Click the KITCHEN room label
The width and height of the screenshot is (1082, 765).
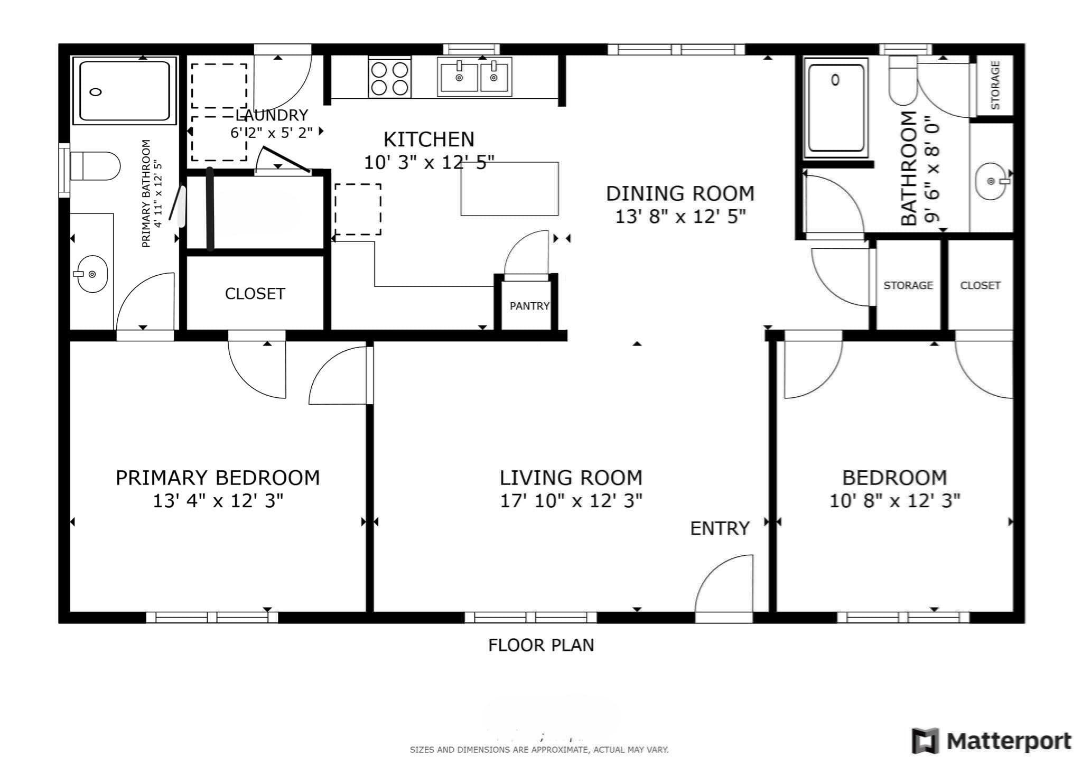pos(428,139)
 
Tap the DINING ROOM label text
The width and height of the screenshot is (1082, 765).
pos(680,194)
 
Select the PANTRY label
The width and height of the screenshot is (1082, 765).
pos(529,306)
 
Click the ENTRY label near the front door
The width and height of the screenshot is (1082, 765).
pos(720,528)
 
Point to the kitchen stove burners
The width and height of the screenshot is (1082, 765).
pos(390,78)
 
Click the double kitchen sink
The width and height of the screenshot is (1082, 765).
pos(474,77)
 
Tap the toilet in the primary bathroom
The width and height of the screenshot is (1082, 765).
pos(95,166)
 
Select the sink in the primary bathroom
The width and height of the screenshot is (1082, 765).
pos(92,274)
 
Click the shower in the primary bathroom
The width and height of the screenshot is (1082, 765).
pos(124,90)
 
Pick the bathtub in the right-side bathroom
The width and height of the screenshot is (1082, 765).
pos(836,108)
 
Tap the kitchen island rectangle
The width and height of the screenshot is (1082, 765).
pos(509,189)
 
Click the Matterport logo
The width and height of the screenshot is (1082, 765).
pos(992,741)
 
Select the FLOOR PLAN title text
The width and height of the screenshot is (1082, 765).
pos(541,645)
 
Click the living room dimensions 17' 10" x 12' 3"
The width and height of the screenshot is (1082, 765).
pos(571,500)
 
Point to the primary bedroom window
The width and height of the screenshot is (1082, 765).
pos(212,617)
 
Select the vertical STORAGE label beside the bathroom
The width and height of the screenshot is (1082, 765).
pos(995,85)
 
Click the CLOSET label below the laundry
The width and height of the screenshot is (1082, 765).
pos(255,294)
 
